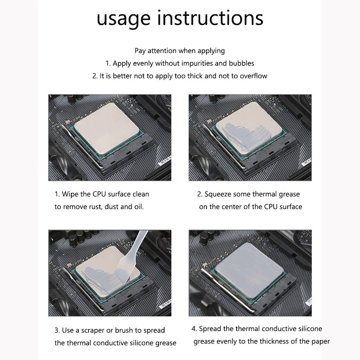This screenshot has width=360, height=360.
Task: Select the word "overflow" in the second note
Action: [x=253, y=76]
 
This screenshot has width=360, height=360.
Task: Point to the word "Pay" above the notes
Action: [x=140, y=51]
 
